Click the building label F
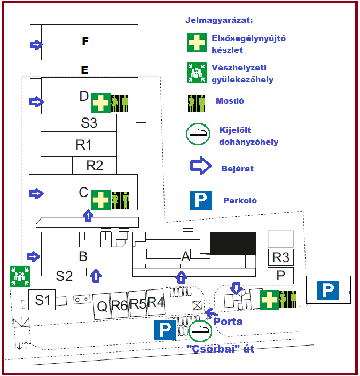84,41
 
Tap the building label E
84,69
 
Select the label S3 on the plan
89,123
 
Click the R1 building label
84,144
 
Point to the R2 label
94,166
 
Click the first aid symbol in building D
100,102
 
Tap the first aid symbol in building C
100,199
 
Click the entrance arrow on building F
36,45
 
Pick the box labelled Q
101,306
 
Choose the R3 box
280,257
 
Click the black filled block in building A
232,243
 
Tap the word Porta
228,322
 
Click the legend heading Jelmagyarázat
219,21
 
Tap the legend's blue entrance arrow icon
201,167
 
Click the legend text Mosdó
230,100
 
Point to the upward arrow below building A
182,277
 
